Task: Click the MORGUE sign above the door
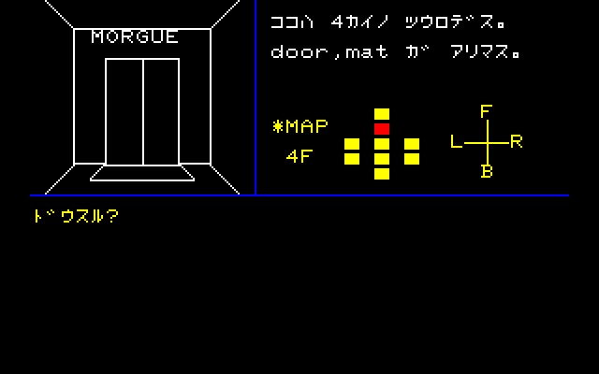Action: [135, 36]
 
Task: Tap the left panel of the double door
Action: [124, 112]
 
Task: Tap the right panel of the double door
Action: [161, 112]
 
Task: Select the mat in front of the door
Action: [142, 173]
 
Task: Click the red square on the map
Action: [382, 129]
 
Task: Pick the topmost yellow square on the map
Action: [382, 114]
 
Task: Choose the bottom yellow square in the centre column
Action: [382, 174]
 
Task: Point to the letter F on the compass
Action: [486, 111]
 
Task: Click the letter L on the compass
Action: [456, 141]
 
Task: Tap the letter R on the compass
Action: [516, 141]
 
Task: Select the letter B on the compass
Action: [487, 171]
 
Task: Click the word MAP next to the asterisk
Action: [307, 126]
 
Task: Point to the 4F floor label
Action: [299, 156]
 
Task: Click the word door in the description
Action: [299, 51]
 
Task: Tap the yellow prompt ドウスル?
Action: [76, 216]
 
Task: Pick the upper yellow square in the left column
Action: [352, 144]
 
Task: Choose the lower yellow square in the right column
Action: [412, 159]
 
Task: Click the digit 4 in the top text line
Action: [337, 22]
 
